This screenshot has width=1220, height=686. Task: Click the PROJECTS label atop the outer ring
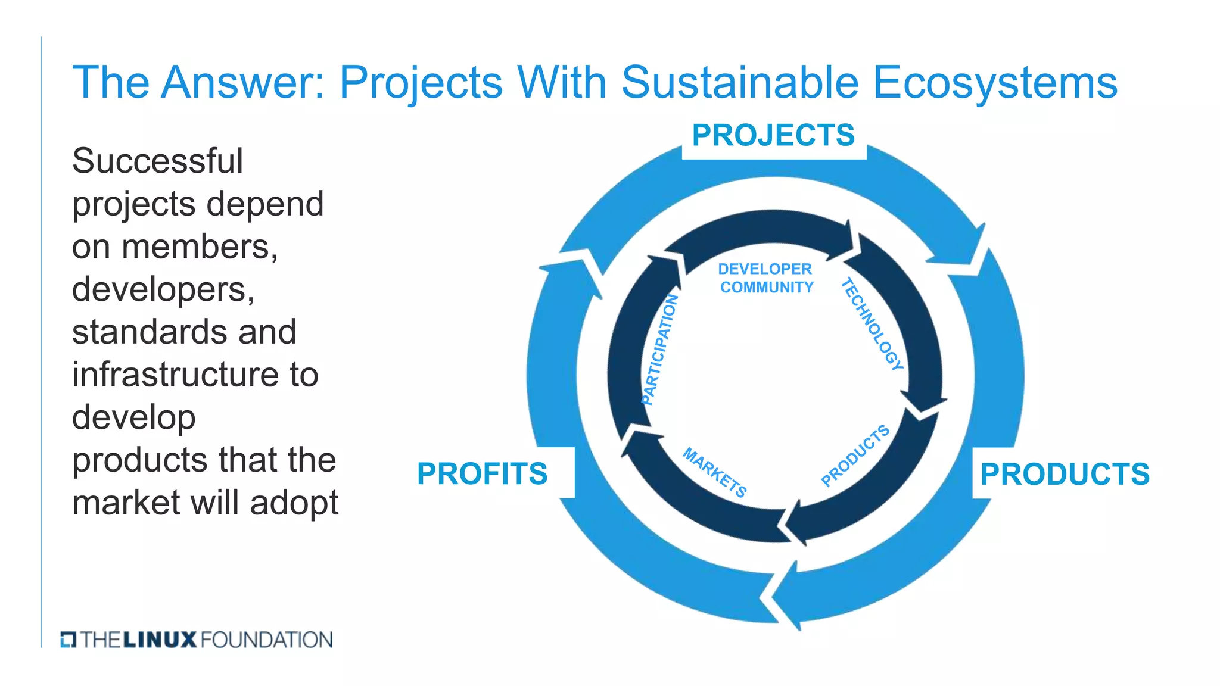coord(773,136)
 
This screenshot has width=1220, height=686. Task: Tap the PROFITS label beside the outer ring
coord(482,474)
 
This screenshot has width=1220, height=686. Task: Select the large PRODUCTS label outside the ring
coord(1065,475)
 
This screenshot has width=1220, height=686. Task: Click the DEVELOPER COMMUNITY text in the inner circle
coord(765,278)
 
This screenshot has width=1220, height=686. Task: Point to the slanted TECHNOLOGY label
coord(872,325)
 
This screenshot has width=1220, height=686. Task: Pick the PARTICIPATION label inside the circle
coord(660,349)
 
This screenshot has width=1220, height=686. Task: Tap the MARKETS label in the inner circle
coord(715,472)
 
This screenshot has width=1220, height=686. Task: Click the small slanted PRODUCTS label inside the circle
coord(855,456)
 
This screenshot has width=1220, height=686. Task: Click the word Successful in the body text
coord(157,161)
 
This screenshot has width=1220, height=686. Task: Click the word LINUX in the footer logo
coord(160,640)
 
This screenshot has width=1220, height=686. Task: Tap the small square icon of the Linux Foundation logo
coord(68,640)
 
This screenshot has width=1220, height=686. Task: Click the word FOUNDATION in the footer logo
coord(267,640)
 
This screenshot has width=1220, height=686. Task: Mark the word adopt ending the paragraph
coord(294,503)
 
